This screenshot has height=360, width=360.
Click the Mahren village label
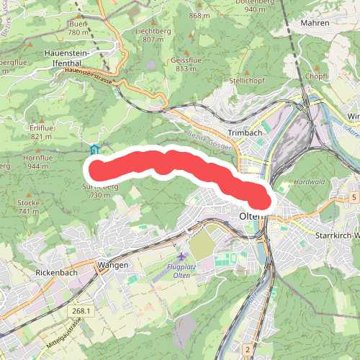315,23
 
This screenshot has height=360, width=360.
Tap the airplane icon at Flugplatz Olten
181,256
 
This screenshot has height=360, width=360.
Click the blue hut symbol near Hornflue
94,150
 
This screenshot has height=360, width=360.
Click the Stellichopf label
248,81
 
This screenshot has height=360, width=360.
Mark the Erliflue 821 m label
42,132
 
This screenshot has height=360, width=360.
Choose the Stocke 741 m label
28,207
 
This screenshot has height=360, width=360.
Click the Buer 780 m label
78,28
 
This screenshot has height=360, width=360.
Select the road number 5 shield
354,197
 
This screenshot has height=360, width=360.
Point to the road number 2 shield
246,349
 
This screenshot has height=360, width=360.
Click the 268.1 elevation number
81,310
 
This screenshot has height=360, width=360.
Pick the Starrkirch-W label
336,235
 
